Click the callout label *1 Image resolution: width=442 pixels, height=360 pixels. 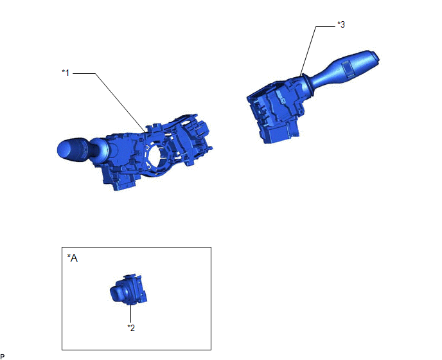(66, 73)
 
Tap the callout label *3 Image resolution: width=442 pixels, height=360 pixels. (341, 25)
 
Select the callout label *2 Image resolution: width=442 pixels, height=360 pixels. (131, 328)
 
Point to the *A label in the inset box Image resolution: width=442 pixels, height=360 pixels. (72, 258)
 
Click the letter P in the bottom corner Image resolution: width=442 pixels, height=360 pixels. (3, 357)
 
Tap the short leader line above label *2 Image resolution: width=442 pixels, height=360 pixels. (131, 314)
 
